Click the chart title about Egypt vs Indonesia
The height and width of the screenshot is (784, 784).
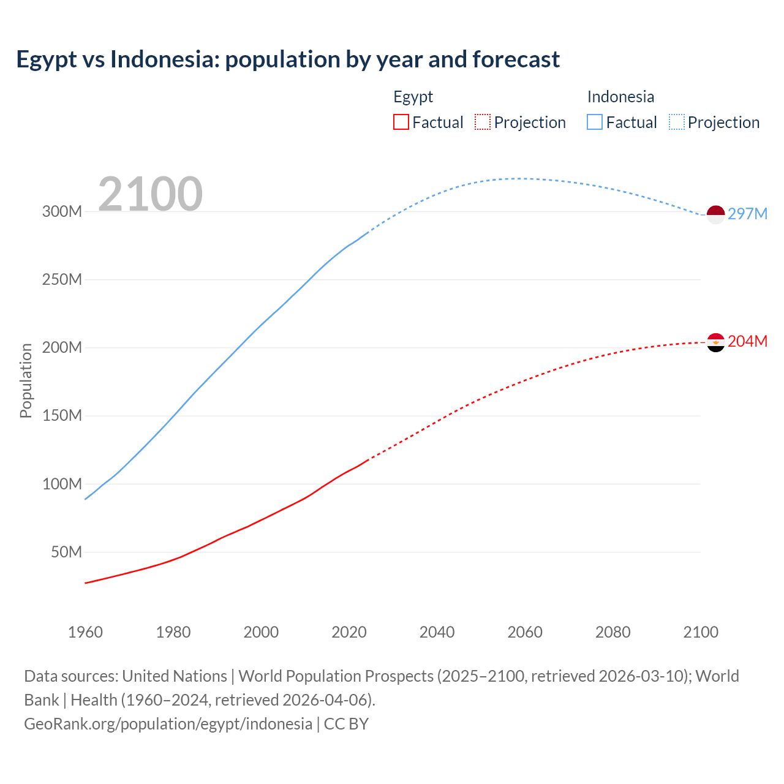pos(288,59)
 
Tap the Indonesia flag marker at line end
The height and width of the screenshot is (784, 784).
pos(715,214)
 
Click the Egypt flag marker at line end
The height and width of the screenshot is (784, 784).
pos(715,342)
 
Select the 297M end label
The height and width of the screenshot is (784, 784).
pos(747,214)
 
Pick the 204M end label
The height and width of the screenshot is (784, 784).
pos(747,341)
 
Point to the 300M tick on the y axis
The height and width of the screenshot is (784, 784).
pos(62,212)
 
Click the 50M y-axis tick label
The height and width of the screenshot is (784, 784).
pos(66,552)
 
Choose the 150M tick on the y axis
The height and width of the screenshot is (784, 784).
pos(62,416)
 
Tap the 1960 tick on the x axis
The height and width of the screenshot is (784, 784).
pos(85,632)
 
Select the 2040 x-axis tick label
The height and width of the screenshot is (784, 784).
pos(437,632)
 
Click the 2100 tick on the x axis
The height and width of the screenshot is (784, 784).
pos(701,632)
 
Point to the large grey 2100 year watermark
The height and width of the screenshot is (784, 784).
pos(150,194)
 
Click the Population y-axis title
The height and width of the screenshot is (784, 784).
pos(26,380)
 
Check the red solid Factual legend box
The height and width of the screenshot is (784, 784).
pos(401,123)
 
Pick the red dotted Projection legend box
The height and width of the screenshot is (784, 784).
pos(483,123)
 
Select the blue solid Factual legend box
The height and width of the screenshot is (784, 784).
pos(595,123)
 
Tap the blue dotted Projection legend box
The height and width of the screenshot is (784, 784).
pos(677,123)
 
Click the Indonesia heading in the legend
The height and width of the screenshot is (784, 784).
pos(620,97)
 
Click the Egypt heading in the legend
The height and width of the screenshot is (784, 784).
pos(413,97)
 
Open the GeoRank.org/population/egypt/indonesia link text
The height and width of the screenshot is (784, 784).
pos(168,724)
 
